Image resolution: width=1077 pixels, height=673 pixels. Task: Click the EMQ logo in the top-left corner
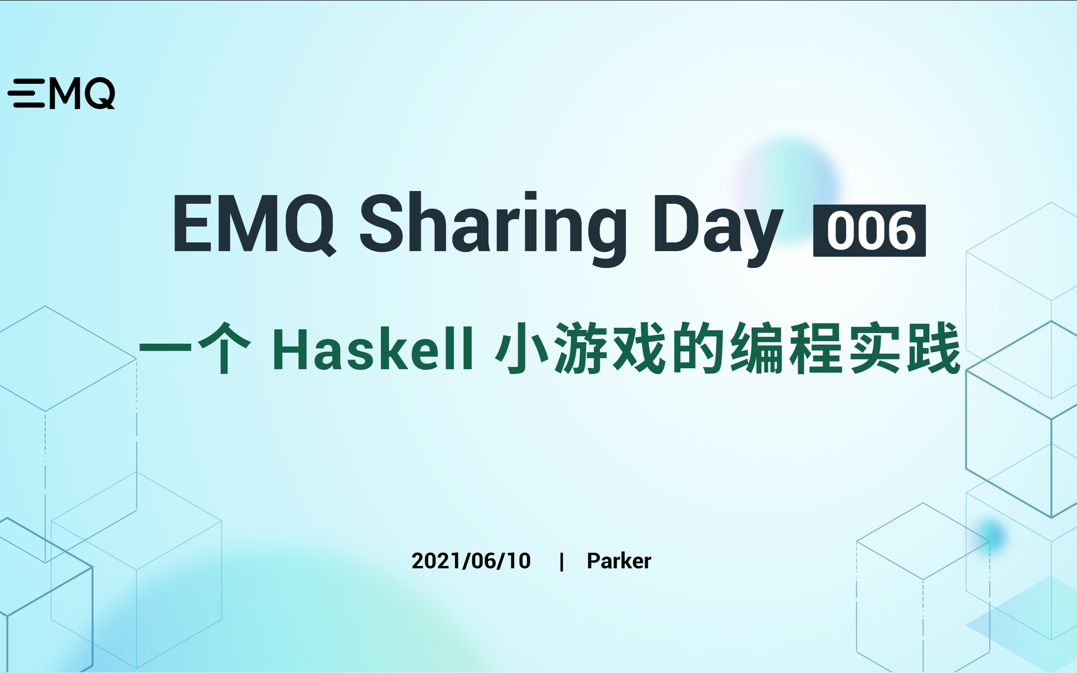(61, 93)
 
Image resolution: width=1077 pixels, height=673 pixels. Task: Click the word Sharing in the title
(493, 225)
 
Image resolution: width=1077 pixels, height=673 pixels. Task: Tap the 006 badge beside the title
(869, 231)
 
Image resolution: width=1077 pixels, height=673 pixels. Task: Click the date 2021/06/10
(471, 561)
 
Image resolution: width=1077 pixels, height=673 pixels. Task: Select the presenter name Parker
(619, 561)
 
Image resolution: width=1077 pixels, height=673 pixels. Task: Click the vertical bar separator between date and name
(562, 561)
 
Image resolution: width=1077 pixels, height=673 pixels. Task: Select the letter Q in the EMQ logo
(100, 93)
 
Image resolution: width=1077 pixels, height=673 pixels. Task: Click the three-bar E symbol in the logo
(27, 93)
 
